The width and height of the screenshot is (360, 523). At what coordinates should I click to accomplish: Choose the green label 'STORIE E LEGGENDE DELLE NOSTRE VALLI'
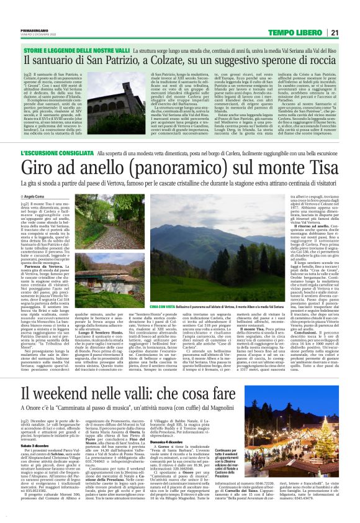tap(63, 47)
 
